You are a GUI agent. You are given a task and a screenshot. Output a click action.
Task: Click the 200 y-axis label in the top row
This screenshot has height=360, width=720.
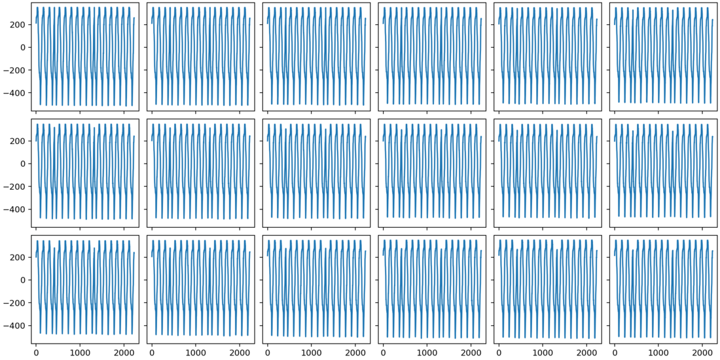[x=18, y=24]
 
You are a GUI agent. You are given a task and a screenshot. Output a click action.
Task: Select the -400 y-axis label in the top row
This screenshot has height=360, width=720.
[x=14, y=93]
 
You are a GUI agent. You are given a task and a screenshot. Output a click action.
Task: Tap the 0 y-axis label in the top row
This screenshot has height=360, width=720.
[x=23, y=47]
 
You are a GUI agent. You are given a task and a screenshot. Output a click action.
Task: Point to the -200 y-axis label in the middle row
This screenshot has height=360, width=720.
[x=14, y=187]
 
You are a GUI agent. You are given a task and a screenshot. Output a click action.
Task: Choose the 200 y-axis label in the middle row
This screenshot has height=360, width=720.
[x=18, y=141]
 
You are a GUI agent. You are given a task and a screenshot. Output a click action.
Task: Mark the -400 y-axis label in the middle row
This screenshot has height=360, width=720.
[x=14, y=209]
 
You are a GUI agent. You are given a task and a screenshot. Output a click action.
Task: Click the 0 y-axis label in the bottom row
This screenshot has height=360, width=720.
[x=23, y=280]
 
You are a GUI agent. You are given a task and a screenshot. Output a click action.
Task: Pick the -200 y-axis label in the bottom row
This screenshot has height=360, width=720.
[x=14, y=303]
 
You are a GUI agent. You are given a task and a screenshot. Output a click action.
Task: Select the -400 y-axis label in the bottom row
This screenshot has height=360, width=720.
[x=14, y=326]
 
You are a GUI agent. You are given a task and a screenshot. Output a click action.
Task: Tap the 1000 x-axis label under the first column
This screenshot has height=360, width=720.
[x=80, y=352]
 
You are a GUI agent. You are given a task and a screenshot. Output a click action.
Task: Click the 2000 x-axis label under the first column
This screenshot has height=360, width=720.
[x=124, y=352]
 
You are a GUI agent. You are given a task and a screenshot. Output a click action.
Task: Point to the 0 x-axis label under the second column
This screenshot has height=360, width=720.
[x=152, y=352]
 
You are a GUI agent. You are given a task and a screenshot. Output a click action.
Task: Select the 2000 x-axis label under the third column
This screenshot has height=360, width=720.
[x=355, y=352]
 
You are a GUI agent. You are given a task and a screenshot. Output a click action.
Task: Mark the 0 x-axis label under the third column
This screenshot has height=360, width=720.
[x=267, y=352]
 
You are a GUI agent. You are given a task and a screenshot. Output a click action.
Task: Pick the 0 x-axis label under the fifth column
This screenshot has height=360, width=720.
[x=499, y=352]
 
